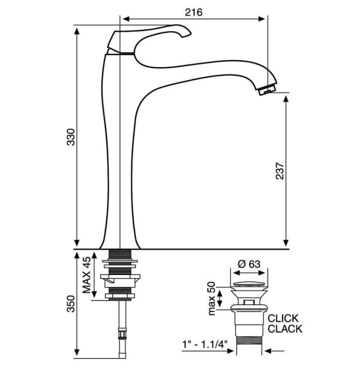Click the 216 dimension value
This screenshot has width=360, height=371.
point(193,12)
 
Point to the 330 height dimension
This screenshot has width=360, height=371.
point(71,137)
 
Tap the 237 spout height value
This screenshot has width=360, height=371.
point(280,171)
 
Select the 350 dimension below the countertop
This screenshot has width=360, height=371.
point(71,304)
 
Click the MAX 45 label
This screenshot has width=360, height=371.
point(87,275)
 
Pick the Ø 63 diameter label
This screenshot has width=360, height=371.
point(249,264)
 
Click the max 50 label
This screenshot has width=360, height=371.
point(212,298)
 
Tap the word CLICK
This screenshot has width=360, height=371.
point(283,318)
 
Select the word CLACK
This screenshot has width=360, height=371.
point(285,329)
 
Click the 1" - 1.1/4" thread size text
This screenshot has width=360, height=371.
point(205,344)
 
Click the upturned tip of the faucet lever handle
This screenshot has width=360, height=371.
point(186,34)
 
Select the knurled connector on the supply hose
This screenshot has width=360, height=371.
point(122,334)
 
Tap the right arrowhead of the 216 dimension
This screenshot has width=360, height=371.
point(262,19)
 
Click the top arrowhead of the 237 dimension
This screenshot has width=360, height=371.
point(286,99)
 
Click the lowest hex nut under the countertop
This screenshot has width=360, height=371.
point(120,296)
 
